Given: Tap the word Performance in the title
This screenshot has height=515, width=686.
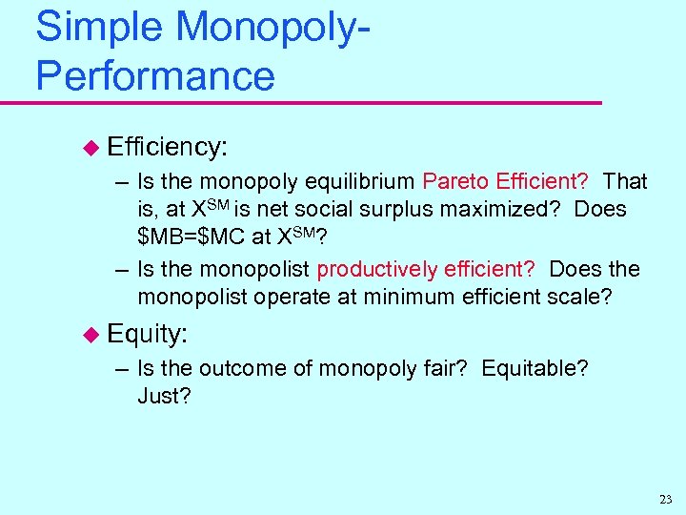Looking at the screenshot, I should coord(154,75).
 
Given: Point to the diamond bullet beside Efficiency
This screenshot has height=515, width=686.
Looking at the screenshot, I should coord(91,147).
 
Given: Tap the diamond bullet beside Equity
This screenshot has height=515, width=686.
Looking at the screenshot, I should coord(91,334).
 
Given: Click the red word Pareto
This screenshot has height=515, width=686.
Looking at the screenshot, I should coord(454,181).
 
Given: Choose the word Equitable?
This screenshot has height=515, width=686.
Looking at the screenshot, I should coord(535,368).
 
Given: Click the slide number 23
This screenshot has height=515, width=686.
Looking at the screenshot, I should coord(664,500).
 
